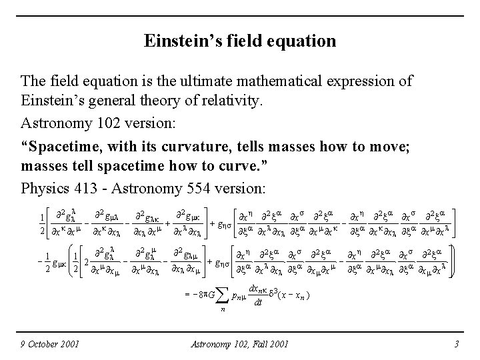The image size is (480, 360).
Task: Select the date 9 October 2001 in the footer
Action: [x=50, y=343]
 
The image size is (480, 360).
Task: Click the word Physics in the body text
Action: [x=44, y=185]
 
